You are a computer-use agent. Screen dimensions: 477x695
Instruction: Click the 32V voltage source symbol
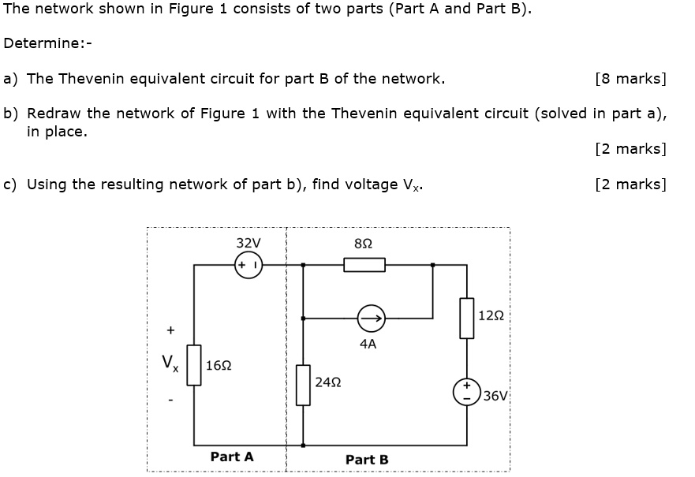coord(248,265)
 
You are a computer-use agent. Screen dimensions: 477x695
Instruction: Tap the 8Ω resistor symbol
coord(364,265)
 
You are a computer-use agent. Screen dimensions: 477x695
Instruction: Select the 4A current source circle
coord(370,319)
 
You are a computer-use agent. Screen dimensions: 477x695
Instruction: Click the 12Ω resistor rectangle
coord(467,318)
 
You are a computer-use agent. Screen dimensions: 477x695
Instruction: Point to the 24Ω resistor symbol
coord(303,385)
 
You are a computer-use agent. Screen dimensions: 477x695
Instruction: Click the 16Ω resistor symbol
coord(194,365)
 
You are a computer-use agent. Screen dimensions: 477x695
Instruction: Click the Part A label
coord(232,457)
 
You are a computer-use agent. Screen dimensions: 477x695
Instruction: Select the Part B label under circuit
coord(367,459)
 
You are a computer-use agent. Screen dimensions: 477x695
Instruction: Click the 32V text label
coord(248,243)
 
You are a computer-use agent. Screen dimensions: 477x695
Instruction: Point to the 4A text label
coord(368,344)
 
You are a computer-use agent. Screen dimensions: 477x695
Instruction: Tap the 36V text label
coord(496,396)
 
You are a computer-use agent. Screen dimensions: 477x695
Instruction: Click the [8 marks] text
coord(631,79)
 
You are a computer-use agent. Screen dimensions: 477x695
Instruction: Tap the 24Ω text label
coord(327,382)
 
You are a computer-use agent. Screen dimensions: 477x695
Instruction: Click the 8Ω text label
coord(364,244)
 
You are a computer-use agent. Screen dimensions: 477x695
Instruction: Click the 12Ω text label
coord(491,316)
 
